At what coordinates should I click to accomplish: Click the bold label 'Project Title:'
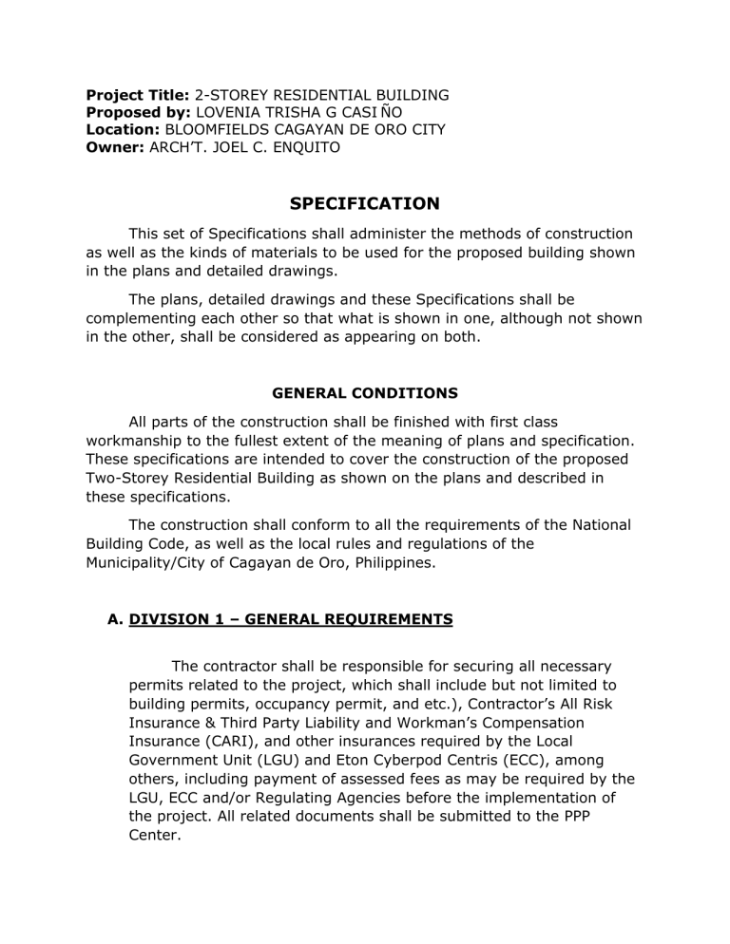coord(138,95)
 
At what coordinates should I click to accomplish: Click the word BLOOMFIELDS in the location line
coord(222,129)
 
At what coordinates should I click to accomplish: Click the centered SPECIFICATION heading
coord(364,203)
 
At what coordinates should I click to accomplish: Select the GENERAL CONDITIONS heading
coord(364,392)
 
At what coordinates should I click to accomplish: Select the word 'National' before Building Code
coord(598,525)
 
